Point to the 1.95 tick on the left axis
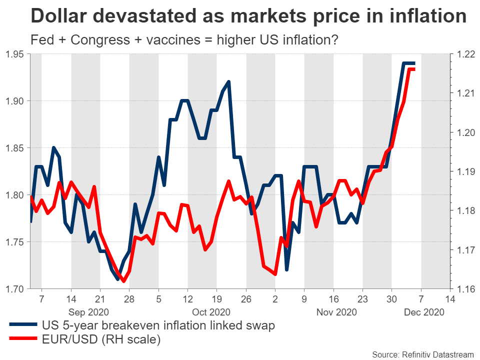[13, 54]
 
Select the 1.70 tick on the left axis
[13, 289]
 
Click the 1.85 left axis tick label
[13, 148]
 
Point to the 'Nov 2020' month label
[336, 312]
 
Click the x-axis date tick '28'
[129, 300]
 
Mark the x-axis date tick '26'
[245, 300]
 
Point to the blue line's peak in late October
[228, 81]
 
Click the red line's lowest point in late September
[123, 280]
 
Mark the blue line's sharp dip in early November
[287, 270]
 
